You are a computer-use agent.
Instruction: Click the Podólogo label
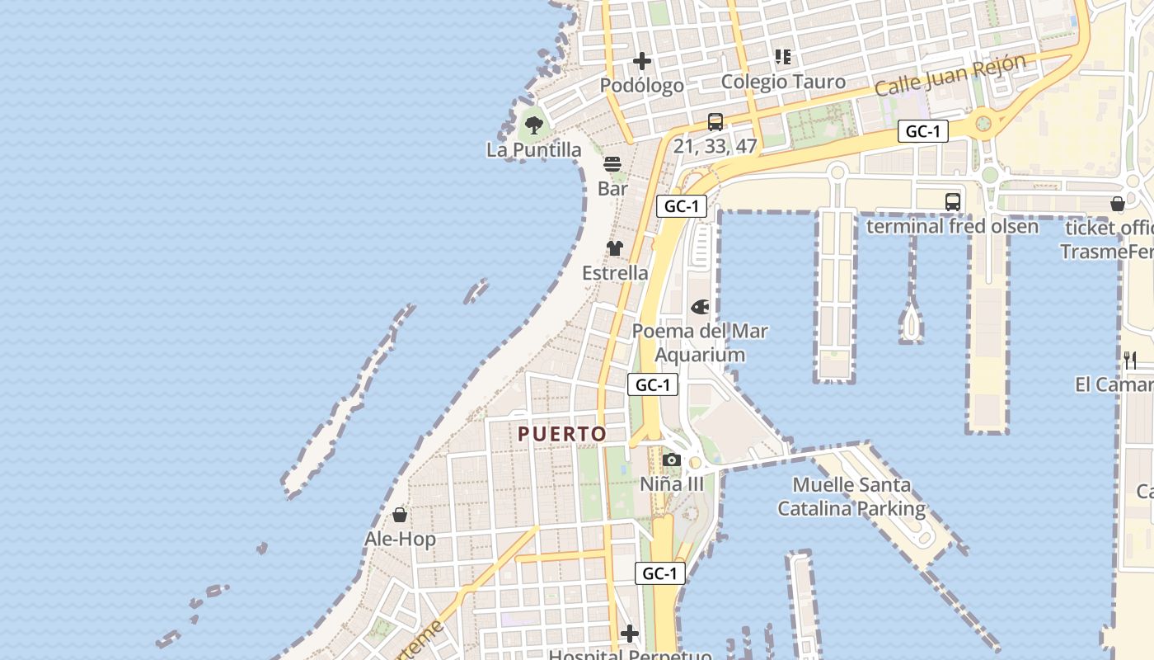coord(641,86)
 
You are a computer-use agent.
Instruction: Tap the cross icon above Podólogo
coord(642,61)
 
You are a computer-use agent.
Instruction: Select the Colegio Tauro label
coord(783,82)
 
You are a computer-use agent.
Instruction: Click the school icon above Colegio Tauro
coord(783,57)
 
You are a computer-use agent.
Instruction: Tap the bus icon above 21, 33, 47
coord(715,122)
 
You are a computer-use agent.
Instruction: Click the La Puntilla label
coord(533,150)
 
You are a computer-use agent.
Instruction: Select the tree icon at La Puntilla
coord(533,125)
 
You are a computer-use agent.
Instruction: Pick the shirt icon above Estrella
coord(615,248)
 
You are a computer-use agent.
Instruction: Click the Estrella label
coord(615,273)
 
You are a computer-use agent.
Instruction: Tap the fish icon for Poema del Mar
coord(700,307)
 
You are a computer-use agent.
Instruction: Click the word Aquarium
coord(700,355)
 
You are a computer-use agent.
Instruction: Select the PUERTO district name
coord(562,434)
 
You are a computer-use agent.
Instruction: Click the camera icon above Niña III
coord(672,460)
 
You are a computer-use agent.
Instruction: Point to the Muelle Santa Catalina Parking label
coord(851,497)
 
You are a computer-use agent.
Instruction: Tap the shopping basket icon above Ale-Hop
coord(400,515)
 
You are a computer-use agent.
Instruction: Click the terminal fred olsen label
coord(941,226)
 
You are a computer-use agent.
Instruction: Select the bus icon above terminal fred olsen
coord(953,201)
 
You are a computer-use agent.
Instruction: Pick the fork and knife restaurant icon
coord(1130,360)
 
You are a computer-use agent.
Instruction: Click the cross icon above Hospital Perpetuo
coord(630,634)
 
